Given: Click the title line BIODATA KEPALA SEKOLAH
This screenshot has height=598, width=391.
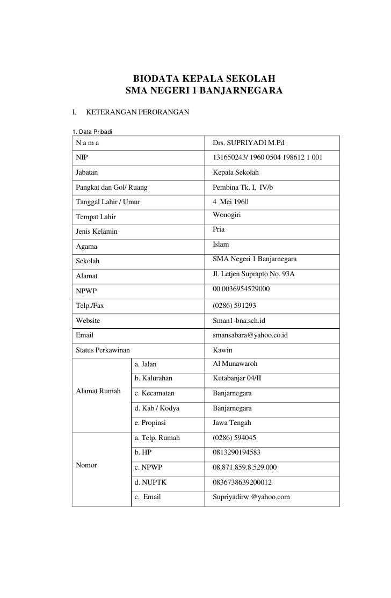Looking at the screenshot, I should click(204, 78).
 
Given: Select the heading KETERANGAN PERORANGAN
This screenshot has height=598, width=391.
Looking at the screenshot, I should click(137, 112).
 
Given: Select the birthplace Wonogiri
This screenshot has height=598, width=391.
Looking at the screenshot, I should click(227, 216).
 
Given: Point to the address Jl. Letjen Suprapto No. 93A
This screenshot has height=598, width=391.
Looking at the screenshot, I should click(254, 275).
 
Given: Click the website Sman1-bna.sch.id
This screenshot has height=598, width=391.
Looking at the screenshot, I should click(240, 321).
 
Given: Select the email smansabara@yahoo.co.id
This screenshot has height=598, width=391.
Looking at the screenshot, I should click(251, 335).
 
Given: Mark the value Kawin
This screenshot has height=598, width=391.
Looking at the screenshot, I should click(223, 350).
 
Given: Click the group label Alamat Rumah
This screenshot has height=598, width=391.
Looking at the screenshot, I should click(98, 390).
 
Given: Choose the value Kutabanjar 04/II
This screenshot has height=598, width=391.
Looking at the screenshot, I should click(237, 379).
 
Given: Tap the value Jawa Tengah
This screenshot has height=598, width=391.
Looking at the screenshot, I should click(232, 423).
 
